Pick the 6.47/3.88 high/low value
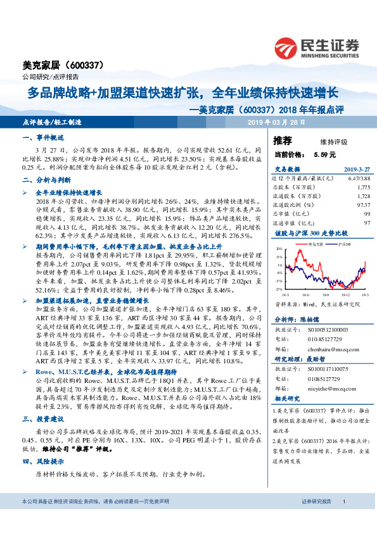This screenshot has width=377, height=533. coord(357,180)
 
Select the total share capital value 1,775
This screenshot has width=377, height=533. coord(363,188)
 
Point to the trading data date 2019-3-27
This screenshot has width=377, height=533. coord(356,170)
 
